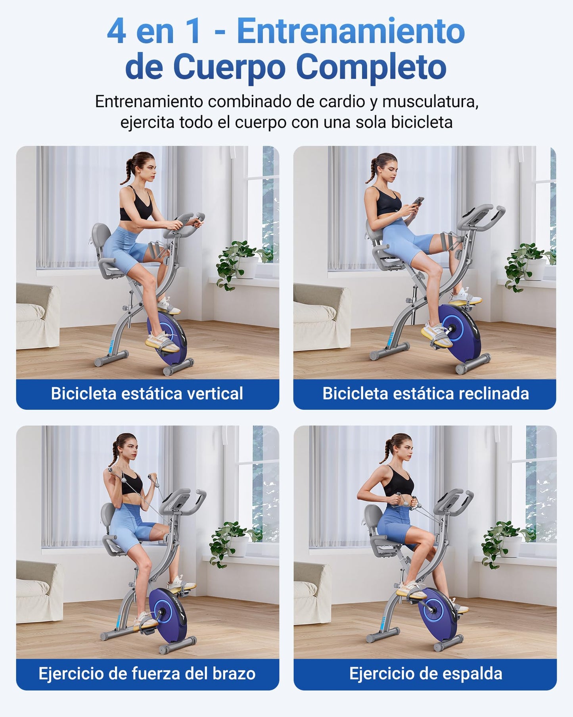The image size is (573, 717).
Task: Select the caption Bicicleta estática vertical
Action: (147, 393)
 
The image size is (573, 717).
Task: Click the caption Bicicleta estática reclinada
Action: (425, 393)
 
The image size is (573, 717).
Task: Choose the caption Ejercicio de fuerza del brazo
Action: (147, 673)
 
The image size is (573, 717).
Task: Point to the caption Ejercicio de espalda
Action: (425, 673)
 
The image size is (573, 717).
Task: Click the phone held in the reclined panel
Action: (418, 201)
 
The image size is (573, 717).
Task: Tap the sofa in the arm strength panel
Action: (39, 591)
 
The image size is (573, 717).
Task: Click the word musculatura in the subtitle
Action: (430, 102)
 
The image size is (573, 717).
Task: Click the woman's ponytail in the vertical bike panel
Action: (128, 171)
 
